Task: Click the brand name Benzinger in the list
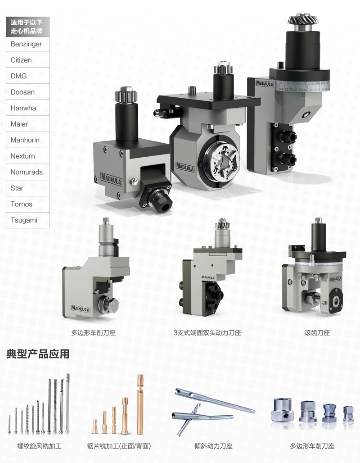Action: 26,44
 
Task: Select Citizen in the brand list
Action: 21,60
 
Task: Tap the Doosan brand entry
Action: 22,92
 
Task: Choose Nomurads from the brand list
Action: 27,172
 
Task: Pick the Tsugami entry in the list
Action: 24,220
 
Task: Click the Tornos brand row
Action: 22,204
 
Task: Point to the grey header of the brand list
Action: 28,27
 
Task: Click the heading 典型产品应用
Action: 38,354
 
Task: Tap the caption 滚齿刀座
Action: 317,333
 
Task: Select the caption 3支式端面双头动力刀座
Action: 207,333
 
